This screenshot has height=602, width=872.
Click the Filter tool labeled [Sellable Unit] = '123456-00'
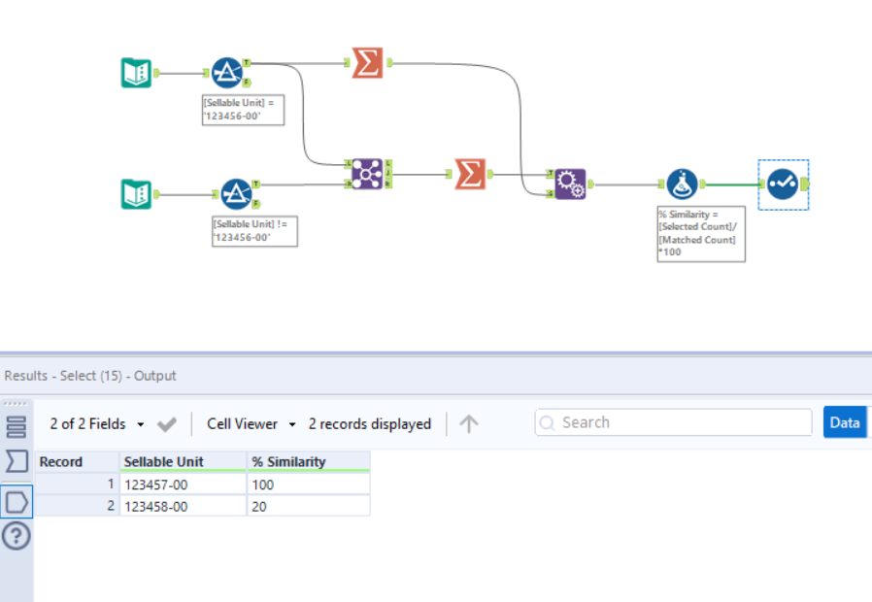227,73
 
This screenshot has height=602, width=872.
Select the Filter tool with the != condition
236,193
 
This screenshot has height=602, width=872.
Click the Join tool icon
367,173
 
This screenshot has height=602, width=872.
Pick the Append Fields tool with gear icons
570,183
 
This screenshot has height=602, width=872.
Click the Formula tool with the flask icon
682,184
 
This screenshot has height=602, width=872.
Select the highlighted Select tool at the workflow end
783,184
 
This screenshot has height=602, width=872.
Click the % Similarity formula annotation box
700,233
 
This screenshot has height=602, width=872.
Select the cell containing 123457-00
182,485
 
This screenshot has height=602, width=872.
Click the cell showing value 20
307,506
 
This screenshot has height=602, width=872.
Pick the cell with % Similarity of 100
307,485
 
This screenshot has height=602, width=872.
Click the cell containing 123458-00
182,506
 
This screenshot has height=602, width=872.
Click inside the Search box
680,422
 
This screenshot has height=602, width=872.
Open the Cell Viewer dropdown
252,423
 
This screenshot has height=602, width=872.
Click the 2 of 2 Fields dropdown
97,423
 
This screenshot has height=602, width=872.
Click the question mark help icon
17,535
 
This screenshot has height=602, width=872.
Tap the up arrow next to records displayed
469,423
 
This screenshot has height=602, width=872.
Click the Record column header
61,462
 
